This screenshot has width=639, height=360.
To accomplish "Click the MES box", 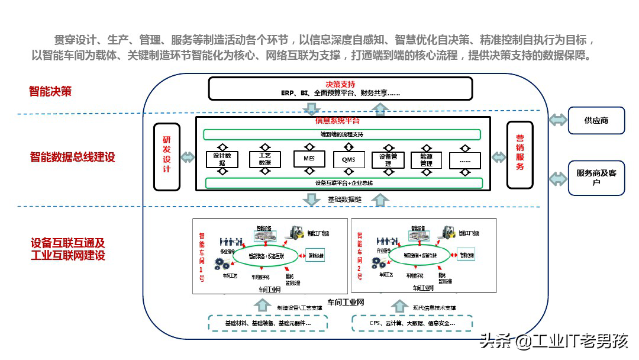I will click(309, 159).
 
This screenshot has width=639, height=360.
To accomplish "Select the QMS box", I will click(349, 160).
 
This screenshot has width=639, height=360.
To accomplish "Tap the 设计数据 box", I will click(222, 159).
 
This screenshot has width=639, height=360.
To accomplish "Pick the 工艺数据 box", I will click(264, 159).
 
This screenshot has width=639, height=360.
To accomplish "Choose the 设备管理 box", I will click(388, 160).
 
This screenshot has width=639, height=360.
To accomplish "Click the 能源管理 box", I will click(426, 160).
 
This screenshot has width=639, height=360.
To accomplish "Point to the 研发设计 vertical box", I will click(166, 156).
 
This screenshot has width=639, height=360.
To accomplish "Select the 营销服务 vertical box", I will click(519, 155).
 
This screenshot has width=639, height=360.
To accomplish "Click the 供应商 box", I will click(596, 120).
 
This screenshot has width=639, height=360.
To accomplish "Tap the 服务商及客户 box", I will click(596, 178).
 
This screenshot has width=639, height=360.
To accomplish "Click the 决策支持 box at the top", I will click(340, 88).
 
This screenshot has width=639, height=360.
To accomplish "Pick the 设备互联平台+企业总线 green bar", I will click(344, 183).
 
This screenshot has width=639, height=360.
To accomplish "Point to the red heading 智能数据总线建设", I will click(72, 157).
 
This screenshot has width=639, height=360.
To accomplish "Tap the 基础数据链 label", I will click(344, 200).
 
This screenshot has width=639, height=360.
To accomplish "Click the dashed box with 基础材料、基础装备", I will click(268, 323).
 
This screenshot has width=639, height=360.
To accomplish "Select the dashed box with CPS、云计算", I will click(412, 323).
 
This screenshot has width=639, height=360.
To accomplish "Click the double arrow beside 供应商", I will click(557, 120).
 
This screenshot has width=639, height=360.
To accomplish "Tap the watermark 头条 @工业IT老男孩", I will click(554, 342).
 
